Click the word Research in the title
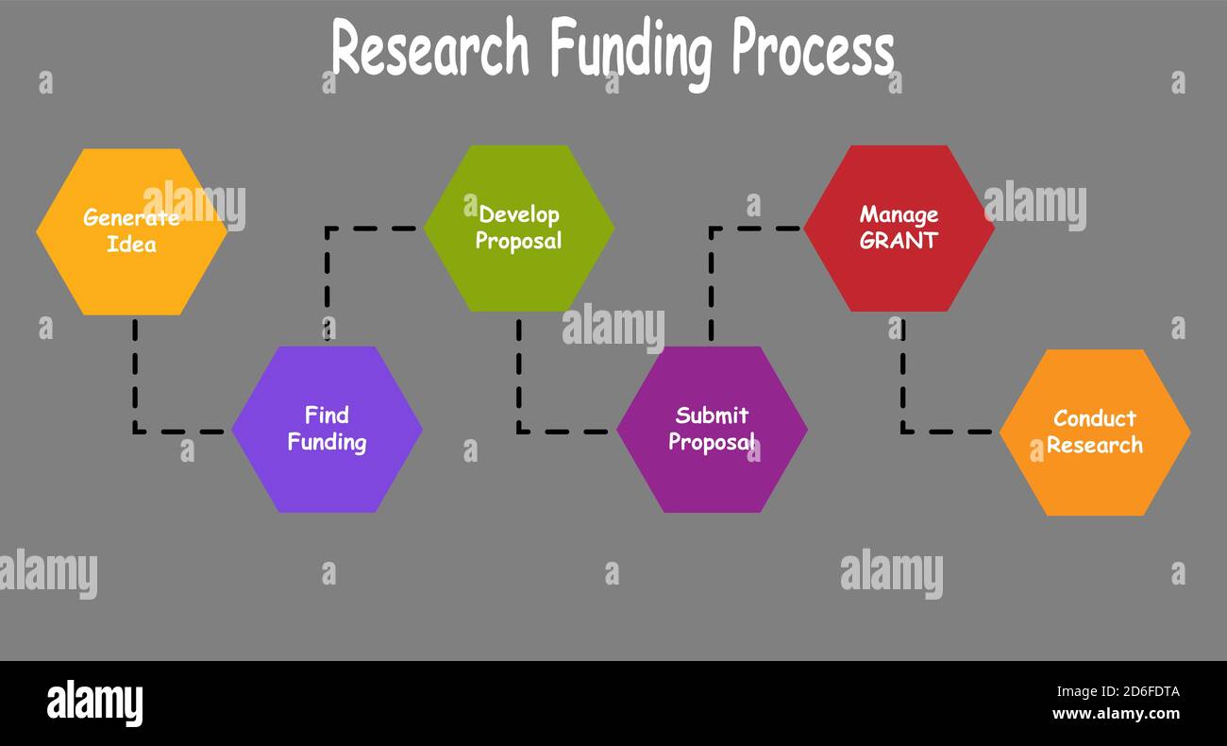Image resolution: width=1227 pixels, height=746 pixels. tap(429, 49)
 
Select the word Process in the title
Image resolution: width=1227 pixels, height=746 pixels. tap(813, 49)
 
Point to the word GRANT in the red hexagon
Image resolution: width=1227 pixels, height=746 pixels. tap(899, 241)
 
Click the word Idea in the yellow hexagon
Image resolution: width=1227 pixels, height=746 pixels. tap(131, 245)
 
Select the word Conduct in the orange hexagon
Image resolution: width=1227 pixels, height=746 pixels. tap(1095, 418)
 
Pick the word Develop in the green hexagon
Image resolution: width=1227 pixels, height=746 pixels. tap(518, 215)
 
